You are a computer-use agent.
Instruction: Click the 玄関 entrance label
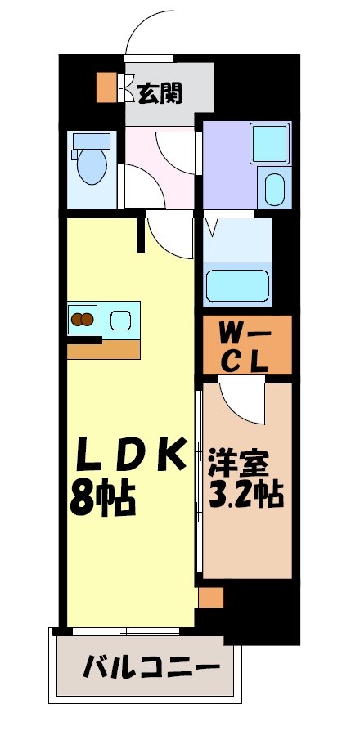pos(160,92)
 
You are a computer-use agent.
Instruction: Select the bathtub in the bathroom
pos(238,286)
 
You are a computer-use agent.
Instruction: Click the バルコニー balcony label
pos(152,667)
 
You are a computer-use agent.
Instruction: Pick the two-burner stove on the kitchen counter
pos(82,320)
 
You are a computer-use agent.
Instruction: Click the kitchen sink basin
pos(120,319)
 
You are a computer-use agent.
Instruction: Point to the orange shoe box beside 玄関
pos(106,88)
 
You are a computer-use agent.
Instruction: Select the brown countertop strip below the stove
pos(104,348)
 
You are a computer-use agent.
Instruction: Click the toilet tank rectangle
pos(90,141)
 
